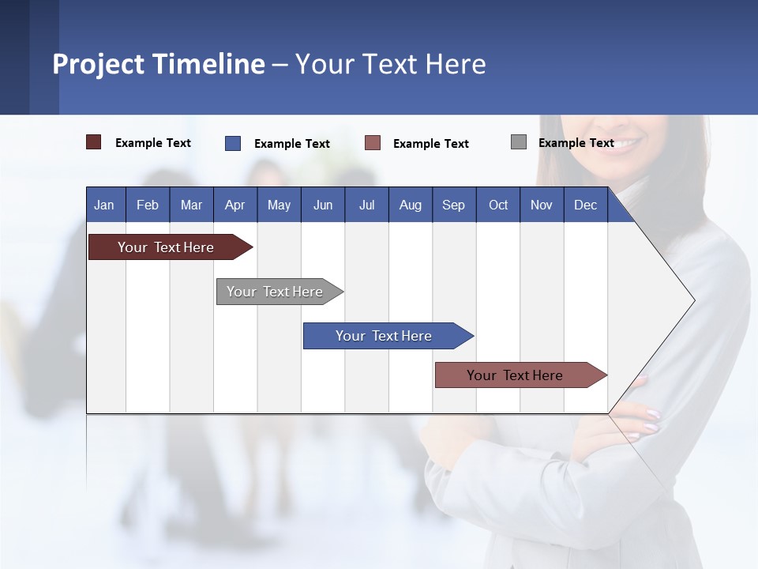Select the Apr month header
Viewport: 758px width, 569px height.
pyautogui.click(x=235, y=205)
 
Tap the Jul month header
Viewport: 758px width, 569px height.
pyautogui.click(x=367, y=205)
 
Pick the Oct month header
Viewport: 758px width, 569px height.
pyautogui.click(x=498, y=205)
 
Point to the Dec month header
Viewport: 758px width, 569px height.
pyautogui.click(x=586, y=205)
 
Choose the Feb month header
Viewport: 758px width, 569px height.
pyautogui.click(x=148, y=205)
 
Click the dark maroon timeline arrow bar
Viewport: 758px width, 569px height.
pyautogui.click(x=171, y=247)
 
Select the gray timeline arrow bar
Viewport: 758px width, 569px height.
pyautogui.click(x=280, y=292)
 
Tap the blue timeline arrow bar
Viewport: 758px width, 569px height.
pyautogui.click(x=388, y=336)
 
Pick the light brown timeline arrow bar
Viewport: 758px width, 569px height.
pyautogui.click(x=521, y=375)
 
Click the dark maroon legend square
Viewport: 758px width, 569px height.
pyautogui.click(x=93, y=142)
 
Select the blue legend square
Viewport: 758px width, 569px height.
pyautogui.click(x=233, y=143)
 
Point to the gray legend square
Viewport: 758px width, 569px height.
pyautogui.click(x=519, y=141)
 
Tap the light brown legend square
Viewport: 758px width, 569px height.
pyautogui.click(x=372, y=143)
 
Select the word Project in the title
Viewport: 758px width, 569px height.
pyautogui.click(x=98, y=64)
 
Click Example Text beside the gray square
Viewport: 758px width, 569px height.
pyautogui.click(x=576, y=143)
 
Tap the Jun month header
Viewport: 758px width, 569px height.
pyautogui.click(x=323, y=205)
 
